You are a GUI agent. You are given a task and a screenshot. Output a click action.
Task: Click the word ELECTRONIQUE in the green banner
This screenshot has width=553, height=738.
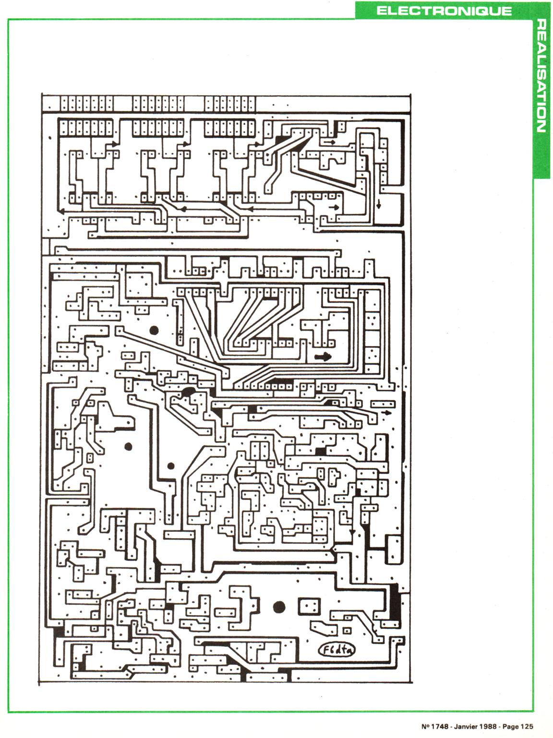pyautogui.click(x=444, y=11)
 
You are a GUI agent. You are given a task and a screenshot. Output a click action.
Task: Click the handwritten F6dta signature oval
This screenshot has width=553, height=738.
pyautogui.click(x=337, y=650)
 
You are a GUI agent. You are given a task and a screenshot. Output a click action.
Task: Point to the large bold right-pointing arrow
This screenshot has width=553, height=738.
pyautogui.click(x=323, y=357)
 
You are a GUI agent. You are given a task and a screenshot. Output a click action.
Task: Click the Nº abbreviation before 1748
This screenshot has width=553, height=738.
pyautogui.click(x=425, y=726)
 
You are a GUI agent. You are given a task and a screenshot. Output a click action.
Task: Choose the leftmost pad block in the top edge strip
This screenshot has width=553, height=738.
pyautogui.click(x=87, y=103)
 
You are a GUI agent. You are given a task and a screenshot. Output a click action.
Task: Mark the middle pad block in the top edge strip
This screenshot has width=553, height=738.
pyautogui.click(x=158, y=103)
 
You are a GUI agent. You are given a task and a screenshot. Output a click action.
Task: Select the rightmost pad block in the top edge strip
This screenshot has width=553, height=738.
pyautogui.click(x=230, y=103)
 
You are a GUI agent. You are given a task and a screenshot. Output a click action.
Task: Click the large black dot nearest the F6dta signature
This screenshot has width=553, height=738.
pyautogui.click(x=279, y=607)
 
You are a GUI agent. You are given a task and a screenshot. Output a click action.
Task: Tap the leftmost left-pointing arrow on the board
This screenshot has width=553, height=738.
pyautogui.click(x=61, y=211)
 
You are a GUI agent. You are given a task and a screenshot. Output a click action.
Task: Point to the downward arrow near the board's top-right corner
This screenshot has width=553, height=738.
pyautogui.click(x=379, y=204)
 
